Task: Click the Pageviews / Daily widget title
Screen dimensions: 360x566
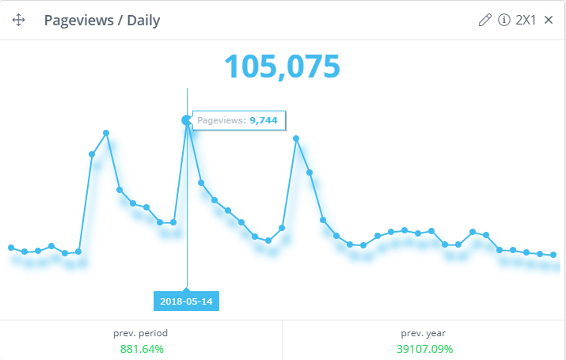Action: [102, 21]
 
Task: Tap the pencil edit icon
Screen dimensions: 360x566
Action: [485, 21]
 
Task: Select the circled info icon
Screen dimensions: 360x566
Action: [503, 21]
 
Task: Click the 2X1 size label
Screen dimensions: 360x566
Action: [526, 21]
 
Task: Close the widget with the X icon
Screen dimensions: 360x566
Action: [549, 21]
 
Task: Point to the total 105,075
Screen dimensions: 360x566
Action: [282, 67]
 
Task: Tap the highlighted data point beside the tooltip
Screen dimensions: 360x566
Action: [187, 120]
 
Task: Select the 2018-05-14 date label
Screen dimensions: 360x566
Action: [187, 301]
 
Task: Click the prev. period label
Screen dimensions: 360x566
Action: [142, 333]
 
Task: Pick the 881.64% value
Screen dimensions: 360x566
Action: [142, 348]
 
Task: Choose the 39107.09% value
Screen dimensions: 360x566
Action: [424, 348]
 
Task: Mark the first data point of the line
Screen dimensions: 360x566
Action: [11, 248]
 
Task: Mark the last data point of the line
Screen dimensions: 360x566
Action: [553, 255]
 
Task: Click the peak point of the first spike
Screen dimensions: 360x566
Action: [106, 133]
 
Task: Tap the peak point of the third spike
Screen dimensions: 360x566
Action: [296, 138]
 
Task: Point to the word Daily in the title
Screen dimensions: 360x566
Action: [142, 21]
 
